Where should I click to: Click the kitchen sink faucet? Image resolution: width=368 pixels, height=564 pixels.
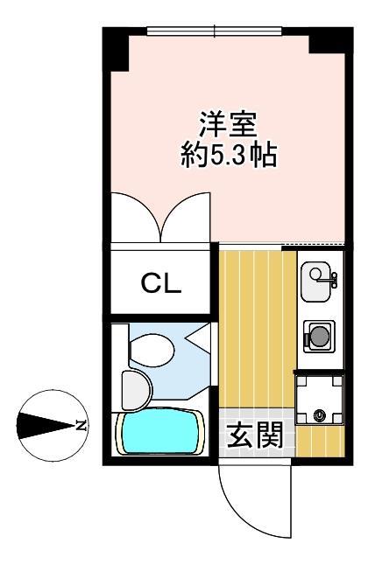coord(332,280)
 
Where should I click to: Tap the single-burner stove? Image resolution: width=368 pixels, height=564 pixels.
coord(318,335)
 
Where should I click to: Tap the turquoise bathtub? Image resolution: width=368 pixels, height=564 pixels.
coord(158,434)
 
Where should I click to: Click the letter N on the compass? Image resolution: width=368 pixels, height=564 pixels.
coord(80,426)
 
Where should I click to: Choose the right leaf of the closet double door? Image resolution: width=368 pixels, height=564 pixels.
coord(188,219)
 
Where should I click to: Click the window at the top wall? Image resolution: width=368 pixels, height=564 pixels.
coord(214,31)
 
